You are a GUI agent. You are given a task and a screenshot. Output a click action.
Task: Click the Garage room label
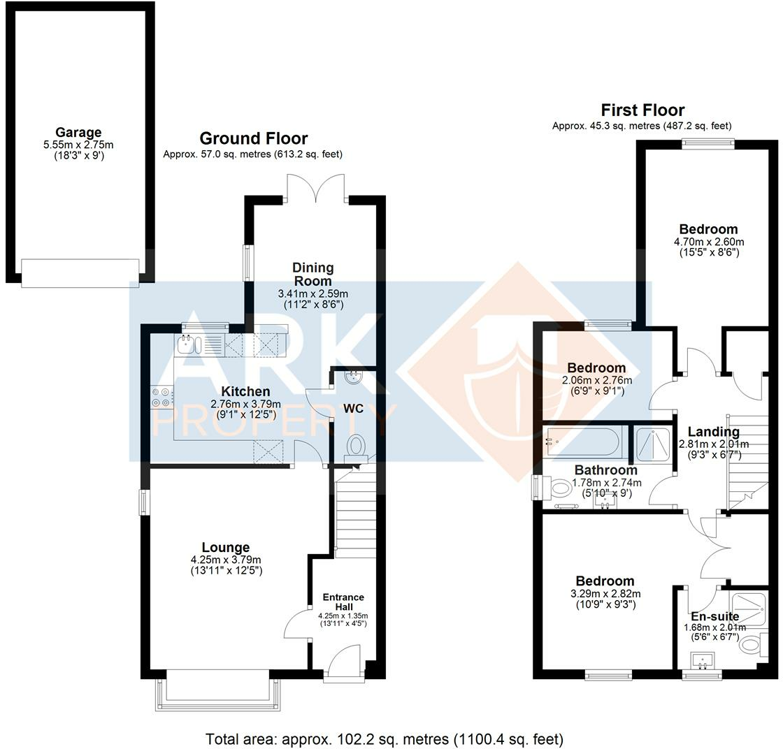point(79,133)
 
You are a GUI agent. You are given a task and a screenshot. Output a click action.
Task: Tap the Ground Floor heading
point(253,138)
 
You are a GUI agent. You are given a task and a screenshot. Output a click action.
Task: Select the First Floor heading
point(642,110)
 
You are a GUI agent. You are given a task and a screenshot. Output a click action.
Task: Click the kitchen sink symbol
point(189,344)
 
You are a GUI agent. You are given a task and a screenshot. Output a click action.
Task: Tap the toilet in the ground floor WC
point(357,445)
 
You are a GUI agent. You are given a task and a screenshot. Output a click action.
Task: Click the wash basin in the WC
point(352,377)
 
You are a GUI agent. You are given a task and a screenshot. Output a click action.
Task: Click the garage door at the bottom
point(80,272)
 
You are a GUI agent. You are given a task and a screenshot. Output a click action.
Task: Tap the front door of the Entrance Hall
point(344,662)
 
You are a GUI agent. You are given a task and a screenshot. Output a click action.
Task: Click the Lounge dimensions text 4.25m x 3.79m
point(226,559)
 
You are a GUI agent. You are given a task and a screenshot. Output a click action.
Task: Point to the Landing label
point(713,432)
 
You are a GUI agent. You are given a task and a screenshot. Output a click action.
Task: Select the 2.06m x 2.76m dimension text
point(596,381)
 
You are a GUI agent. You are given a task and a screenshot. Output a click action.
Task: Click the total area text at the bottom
point(384,739)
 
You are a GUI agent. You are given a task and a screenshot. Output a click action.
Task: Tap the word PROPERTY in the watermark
point(273,421)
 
